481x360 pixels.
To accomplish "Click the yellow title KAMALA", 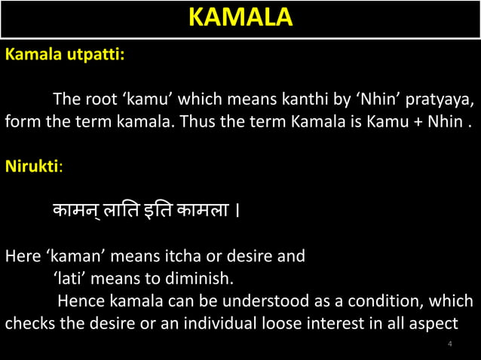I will [x=240, y=18].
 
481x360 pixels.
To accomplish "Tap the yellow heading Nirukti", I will [x=32, y=166].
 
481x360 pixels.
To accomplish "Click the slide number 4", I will [x=450, y=344].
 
